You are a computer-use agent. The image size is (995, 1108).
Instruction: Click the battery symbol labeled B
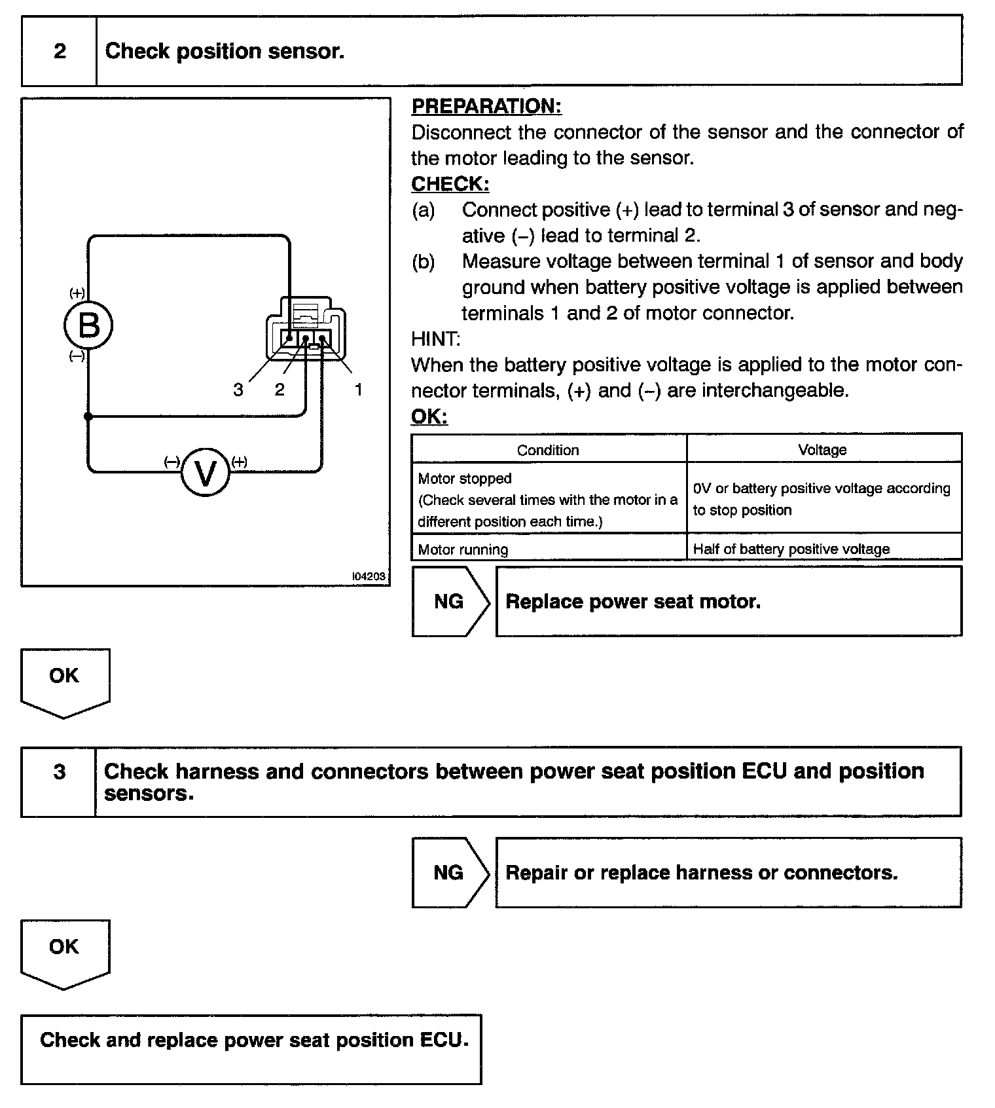88,325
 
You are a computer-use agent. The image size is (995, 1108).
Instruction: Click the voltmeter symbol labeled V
206,473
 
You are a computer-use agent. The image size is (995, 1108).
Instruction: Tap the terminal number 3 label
238,390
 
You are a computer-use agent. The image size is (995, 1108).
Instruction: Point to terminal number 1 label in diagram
358,390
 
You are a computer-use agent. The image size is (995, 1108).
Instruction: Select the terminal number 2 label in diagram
280,390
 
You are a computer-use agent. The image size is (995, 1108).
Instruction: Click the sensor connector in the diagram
306,329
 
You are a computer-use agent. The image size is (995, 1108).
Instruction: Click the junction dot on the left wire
88,416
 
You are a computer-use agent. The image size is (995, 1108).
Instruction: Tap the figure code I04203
369,576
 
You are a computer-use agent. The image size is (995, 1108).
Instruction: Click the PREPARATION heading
486,106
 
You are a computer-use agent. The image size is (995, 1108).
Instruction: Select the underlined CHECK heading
450,184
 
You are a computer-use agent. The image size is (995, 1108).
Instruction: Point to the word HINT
435,339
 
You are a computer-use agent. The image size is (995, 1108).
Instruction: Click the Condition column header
548,450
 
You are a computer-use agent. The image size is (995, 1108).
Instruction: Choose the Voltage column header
822,450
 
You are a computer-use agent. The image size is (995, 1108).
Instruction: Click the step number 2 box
60,51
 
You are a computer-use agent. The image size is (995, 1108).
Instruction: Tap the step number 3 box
59,771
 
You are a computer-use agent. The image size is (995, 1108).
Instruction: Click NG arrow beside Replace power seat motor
450,601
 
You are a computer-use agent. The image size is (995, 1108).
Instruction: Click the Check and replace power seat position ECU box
251,1048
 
